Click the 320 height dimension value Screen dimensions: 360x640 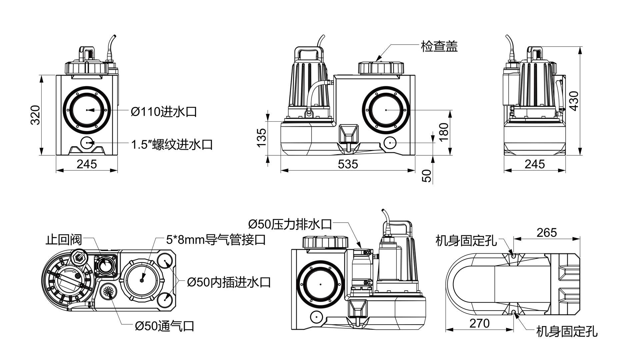35,115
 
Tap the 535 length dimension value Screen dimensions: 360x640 348,164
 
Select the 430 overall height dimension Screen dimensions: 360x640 574,101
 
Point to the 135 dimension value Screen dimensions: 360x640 262,137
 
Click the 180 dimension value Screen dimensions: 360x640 444,132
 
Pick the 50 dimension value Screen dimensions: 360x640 427,176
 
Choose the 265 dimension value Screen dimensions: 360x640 547,233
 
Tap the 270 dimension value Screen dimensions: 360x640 479,323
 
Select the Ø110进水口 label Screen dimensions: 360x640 164,112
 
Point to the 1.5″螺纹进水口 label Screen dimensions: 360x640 172,145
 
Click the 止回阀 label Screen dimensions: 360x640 64,240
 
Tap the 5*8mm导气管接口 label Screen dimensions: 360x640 216,240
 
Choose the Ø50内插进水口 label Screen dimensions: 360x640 229,282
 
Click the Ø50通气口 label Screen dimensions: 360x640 164,326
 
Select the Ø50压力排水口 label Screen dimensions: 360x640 290,224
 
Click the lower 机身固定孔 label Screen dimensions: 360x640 567,331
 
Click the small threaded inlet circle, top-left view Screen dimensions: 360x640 87,143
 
